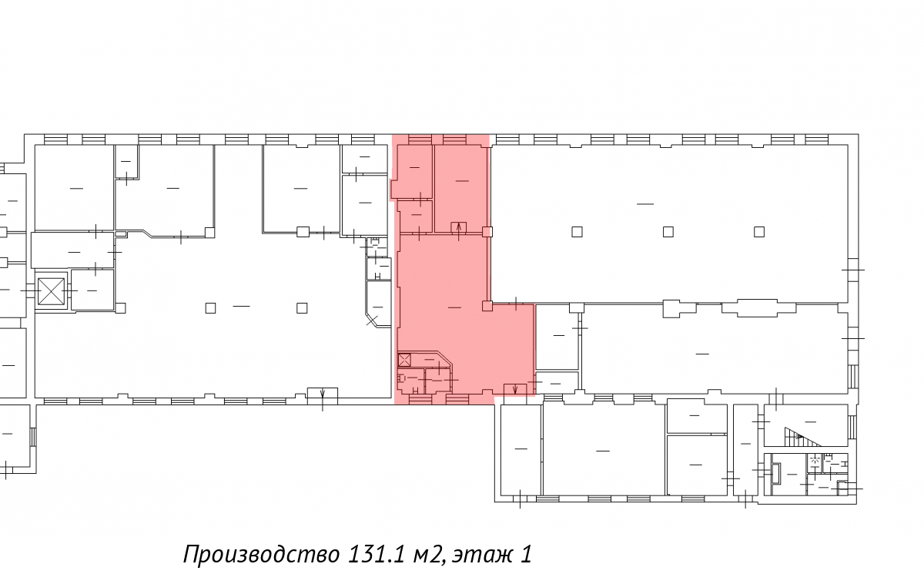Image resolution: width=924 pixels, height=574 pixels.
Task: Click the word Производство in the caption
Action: [x=262, y=554]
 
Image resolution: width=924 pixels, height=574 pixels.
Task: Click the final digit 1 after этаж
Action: [x=526, y=554]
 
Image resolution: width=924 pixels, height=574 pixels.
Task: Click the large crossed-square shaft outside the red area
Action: [x=51, y=291]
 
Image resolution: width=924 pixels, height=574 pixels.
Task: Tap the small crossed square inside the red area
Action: [x=404, y=361]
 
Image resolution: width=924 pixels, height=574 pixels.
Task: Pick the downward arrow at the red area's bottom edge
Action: [x=515, y=389]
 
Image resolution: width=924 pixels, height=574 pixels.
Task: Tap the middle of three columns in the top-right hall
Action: [x=668, y=232]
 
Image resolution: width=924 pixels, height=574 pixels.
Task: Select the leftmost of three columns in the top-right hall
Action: [x=577, y=232]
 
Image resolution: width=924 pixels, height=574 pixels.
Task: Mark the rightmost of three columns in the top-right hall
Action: [x=759, y=232]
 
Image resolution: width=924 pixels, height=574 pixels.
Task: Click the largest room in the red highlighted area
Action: [x=454, y=307]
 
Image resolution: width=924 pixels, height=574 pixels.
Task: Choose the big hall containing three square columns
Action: [x=669, y=223]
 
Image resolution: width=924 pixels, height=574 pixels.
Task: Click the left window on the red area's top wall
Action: [x=420, y=139]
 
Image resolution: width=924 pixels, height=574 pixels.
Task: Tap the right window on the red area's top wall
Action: [x=454, y=139]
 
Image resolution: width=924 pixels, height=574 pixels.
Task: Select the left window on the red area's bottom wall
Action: [x=420, y=399]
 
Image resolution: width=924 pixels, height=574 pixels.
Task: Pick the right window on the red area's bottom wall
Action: [x=457, y=399]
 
